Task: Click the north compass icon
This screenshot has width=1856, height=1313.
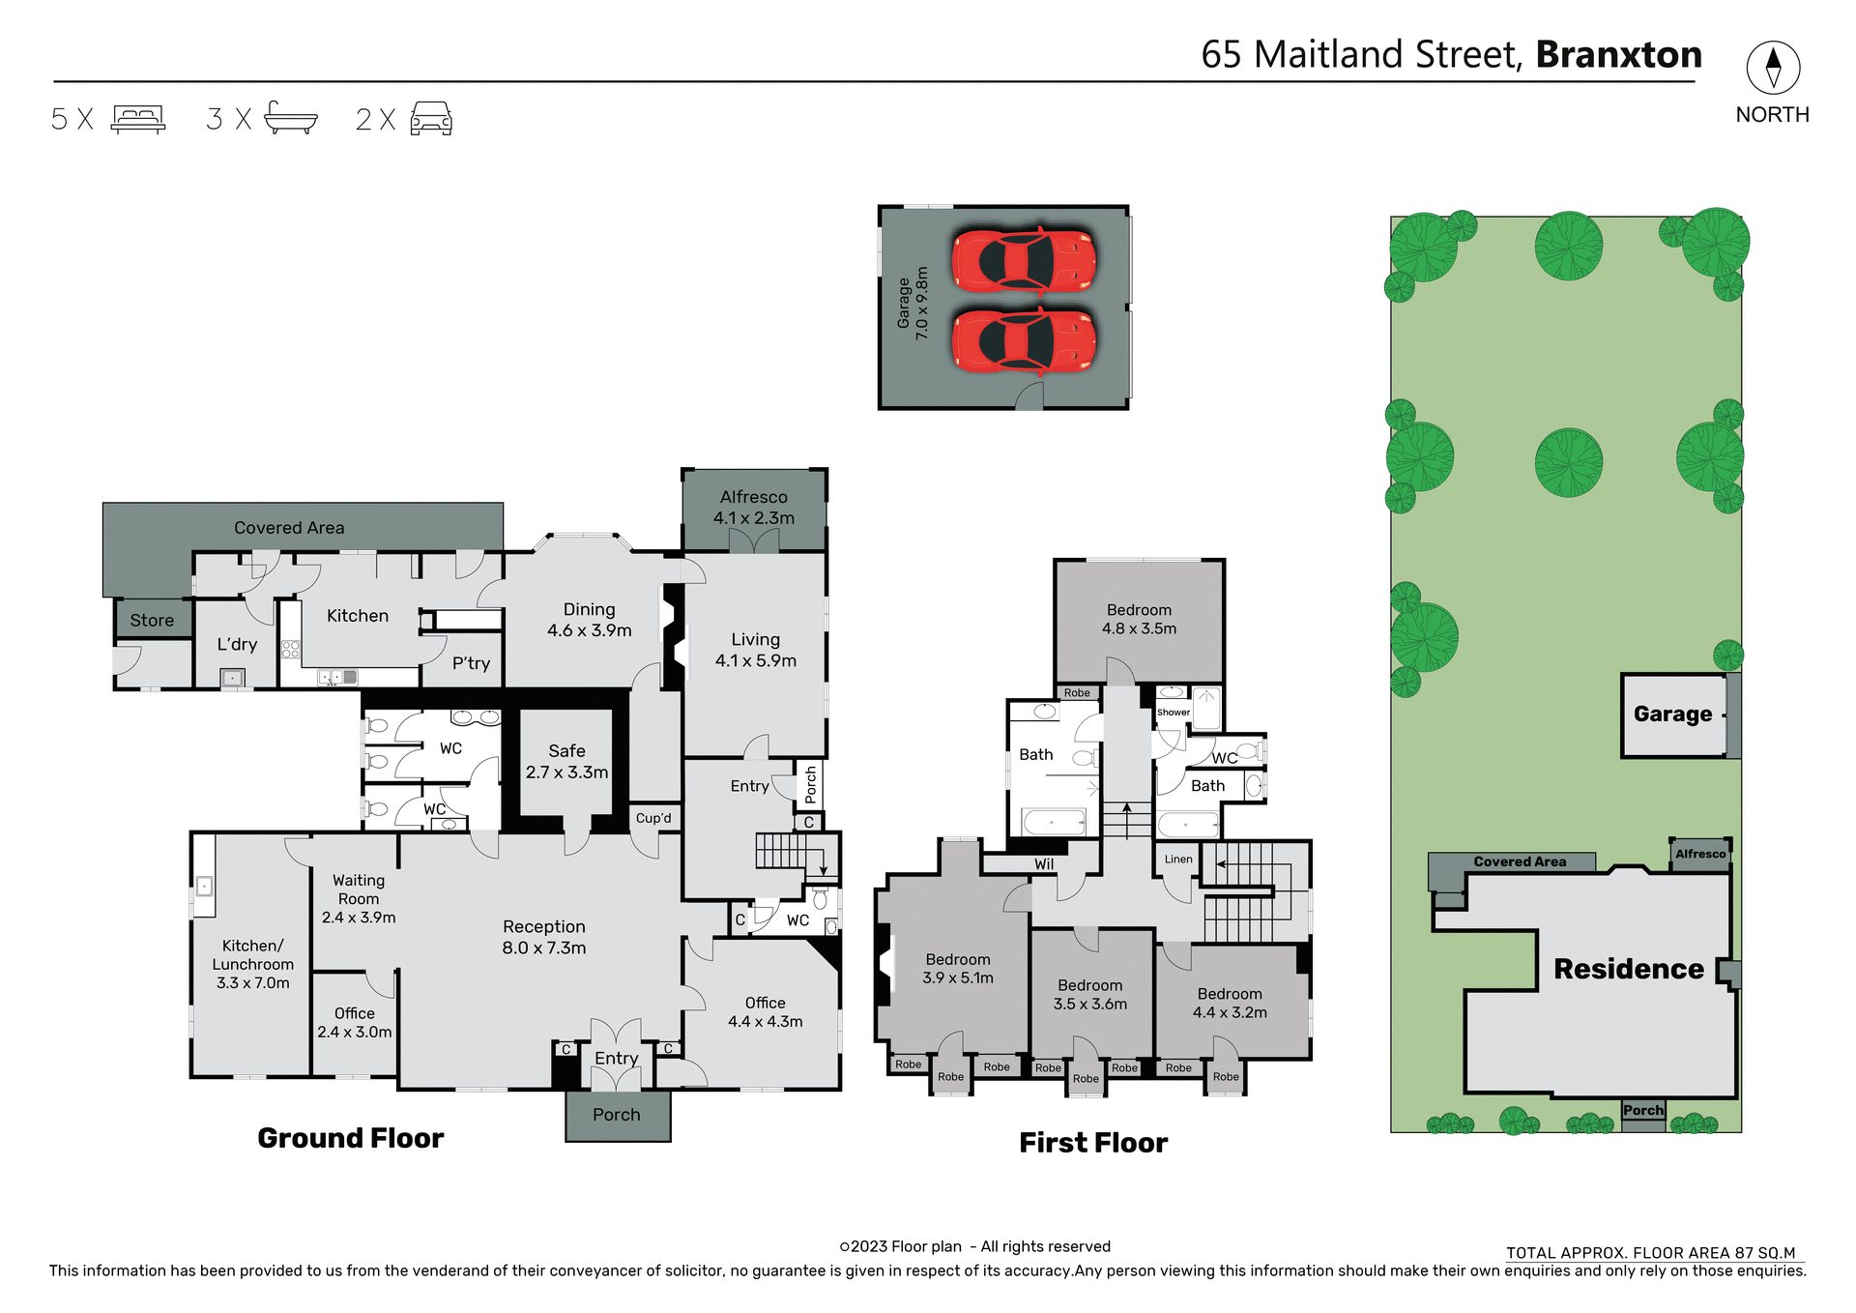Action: [1772, 67]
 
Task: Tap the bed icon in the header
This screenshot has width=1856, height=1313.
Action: [138, 119]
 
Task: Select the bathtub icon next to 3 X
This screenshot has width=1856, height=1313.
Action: [290, 118]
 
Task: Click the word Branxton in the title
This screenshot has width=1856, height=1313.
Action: [1618, 55]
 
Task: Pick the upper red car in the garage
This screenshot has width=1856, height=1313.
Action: [1024, 260]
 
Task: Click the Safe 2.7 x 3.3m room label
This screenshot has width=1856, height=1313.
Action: [566, 762]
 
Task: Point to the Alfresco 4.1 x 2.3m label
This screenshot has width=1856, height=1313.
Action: [754, 508]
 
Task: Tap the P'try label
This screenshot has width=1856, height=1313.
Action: [471, 663]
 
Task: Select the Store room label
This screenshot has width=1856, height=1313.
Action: [152, 621]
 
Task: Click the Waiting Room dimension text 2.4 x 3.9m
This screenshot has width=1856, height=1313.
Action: [359, 918]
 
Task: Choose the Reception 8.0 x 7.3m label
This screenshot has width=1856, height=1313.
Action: [543, 937]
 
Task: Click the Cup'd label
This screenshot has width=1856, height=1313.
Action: [653, 818]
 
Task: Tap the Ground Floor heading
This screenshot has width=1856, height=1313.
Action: [350, 1138]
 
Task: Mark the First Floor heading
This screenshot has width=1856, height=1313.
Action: [1093, 1143]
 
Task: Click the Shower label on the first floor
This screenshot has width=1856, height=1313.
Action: [1173, 713]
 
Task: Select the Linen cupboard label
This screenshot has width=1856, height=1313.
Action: [1178, 859]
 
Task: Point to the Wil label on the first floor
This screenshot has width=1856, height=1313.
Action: [1044, 864]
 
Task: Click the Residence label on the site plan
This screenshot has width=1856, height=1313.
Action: [1628, 969]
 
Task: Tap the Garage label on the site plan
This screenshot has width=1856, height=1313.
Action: [1672, 715]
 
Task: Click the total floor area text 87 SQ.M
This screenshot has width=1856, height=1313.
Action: [1764, 1253]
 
